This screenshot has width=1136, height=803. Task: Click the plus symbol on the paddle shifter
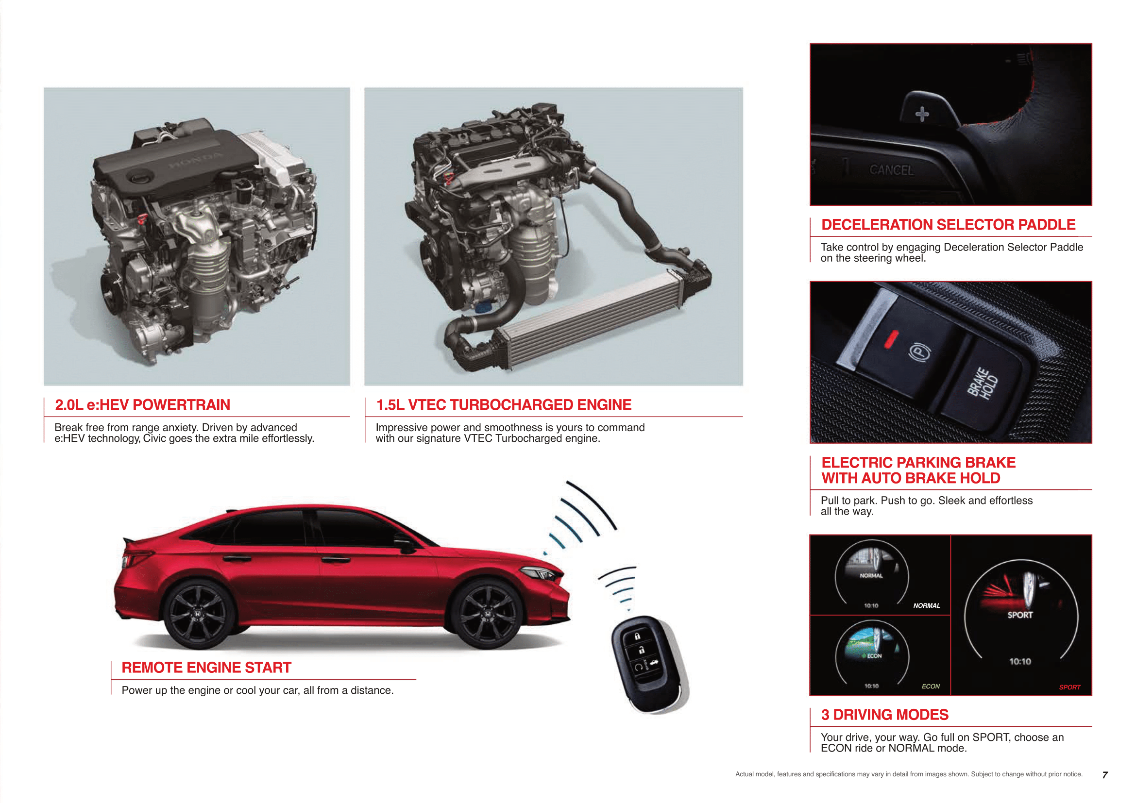coord(922,114)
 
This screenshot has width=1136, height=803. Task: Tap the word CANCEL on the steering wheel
coord(892,170)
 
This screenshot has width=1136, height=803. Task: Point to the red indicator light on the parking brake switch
coord(891,339)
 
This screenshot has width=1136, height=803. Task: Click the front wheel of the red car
coord(487,614)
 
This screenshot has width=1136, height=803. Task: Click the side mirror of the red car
coord(404,544)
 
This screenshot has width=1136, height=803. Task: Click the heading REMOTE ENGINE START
coord(206,668)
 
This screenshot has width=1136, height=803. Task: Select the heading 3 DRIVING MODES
coord(884,715)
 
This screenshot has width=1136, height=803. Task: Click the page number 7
coord(1105,775)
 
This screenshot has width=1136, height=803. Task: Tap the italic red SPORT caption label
coord(1069,687)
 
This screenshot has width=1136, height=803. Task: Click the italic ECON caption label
coord(931,686)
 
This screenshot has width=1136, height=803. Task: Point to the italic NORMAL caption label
coord(927,606)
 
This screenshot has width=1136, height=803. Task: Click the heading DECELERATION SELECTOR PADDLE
coord(949,225)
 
